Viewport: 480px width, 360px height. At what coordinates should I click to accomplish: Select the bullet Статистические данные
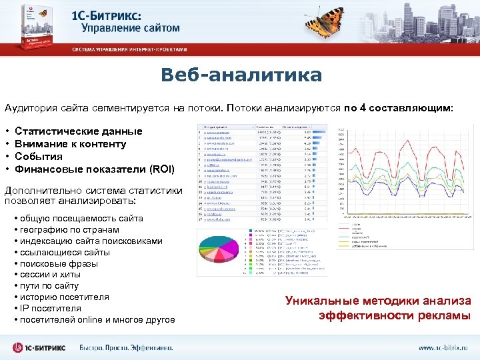coord(78,131)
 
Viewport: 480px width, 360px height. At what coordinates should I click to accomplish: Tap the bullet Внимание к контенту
coord(70,144)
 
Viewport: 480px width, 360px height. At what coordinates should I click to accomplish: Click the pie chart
coord(222,251)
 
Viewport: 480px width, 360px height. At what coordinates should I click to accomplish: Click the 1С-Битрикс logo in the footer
coord(40,347)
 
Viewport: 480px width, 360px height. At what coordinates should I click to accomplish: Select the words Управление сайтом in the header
coord(131,28)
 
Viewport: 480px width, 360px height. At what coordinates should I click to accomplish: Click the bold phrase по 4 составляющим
coord(398,107)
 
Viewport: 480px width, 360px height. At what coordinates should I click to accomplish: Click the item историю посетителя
coord(64,297)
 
